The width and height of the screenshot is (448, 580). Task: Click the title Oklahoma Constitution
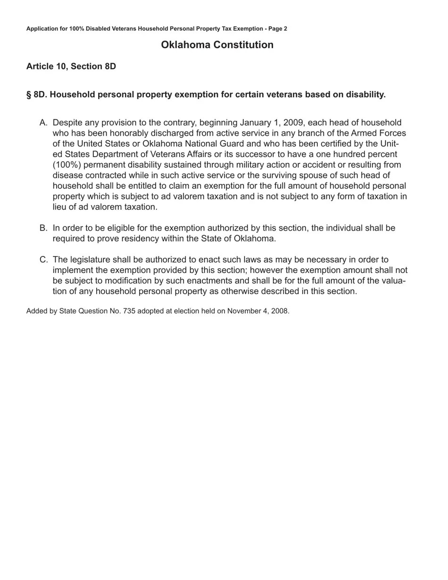tap(217, 45)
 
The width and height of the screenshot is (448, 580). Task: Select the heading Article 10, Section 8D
tap(71, 66)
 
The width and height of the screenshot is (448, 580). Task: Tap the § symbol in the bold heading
tap(29, 95)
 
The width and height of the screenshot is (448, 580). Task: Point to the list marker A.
tap(43, 123)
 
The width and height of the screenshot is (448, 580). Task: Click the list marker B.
tap(43, 228)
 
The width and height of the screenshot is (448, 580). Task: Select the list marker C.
tap(43, 260)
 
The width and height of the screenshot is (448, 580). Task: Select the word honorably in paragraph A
tap(129, 133)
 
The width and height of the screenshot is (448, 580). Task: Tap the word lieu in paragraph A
tap(60, 207)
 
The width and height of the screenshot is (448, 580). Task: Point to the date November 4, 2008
tap(257, 311)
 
